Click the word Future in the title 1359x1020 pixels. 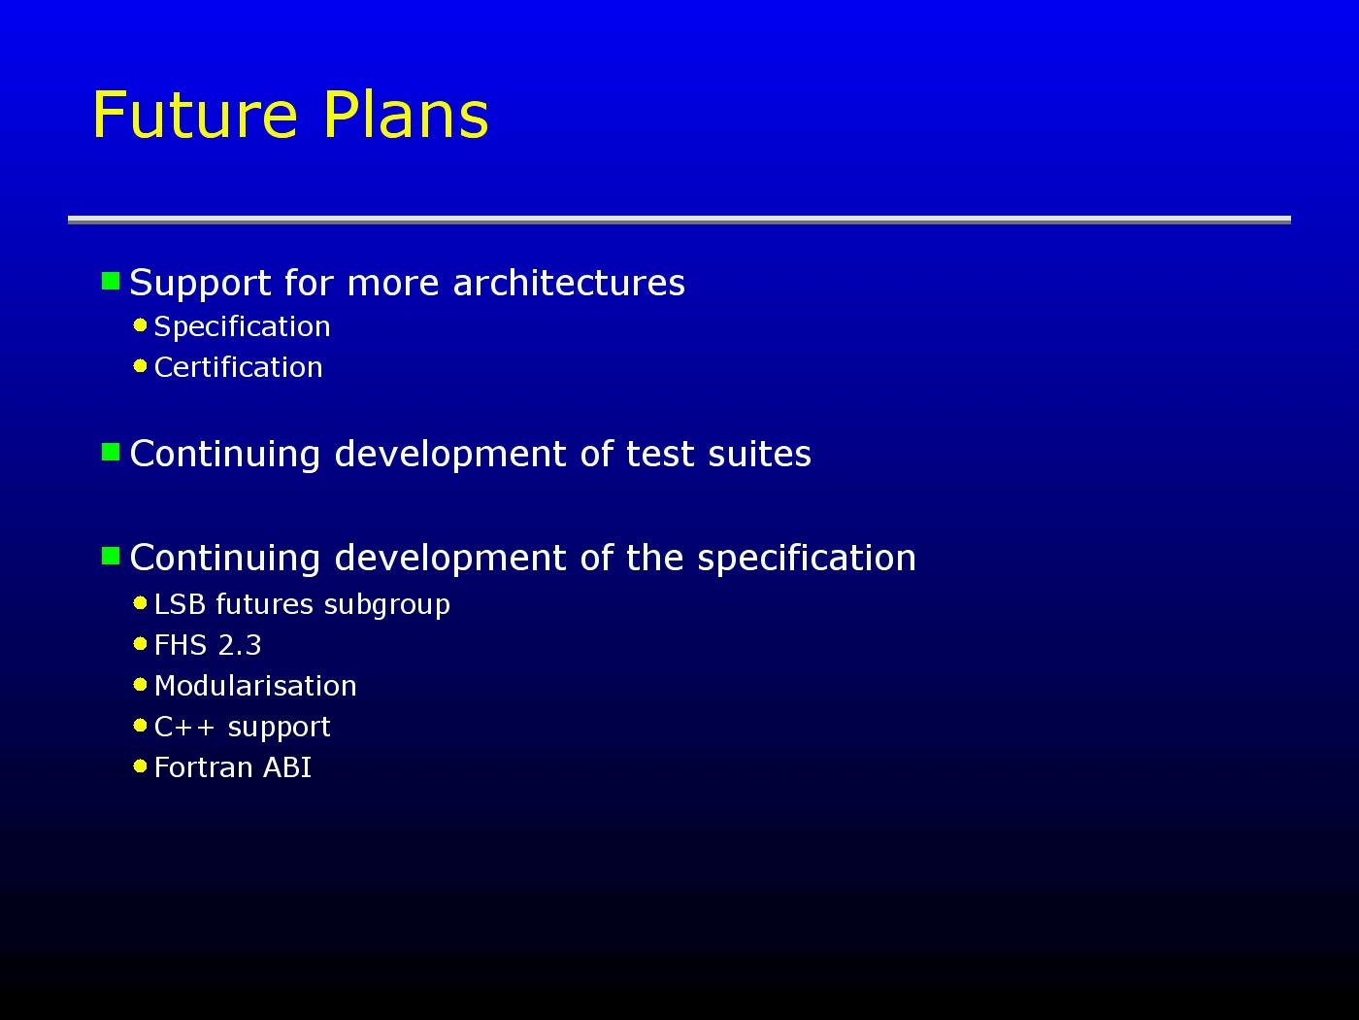coord(195,115)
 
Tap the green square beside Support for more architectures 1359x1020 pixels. coord(111,281)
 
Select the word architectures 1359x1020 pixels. coord(569,283)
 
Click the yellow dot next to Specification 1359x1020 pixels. coord(140,325)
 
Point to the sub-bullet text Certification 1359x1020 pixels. coord(239,367)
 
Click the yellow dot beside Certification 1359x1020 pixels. coord(140,366)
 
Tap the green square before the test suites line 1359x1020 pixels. coord(111,452)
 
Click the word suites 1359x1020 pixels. coord(759,454)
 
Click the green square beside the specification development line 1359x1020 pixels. coord(111,556)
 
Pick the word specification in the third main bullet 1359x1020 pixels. coord(806,559)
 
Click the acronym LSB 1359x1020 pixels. coord(181,604)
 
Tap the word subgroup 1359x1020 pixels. coord(387,605)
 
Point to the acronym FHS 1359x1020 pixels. coord(181,645)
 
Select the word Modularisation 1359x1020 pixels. coord(255,686)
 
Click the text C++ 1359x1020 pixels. coord(184,727)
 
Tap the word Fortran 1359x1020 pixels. coord(203,767)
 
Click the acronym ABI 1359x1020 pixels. coord(286,767)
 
